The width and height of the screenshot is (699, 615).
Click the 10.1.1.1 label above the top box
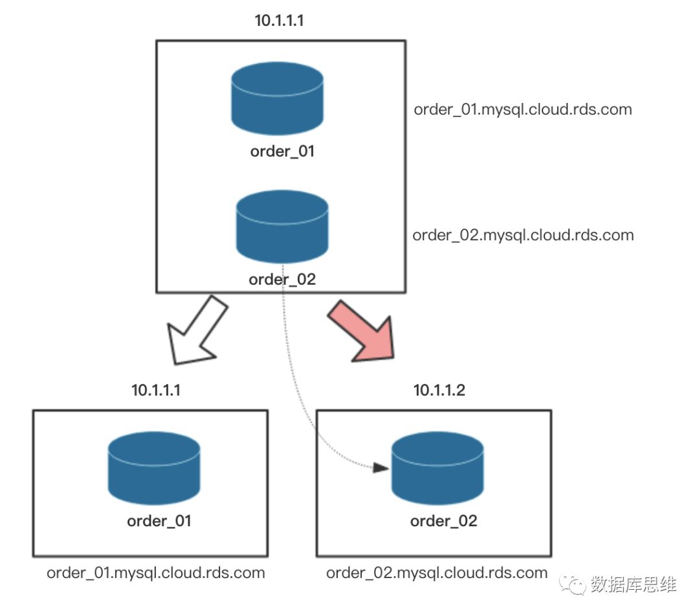280,20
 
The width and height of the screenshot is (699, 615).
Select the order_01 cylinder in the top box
277,98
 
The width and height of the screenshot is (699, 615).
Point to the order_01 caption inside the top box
282,152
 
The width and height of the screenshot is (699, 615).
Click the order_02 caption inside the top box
282,280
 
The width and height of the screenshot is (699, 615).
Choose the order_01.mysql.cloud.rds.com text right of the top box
523,109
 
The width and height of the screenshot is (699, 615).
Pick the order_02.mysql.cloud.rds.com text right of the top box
523,235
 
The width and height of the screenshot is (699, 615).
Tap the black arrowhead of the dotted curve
381,467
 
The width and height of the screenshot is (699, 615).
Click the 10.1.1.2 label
439,390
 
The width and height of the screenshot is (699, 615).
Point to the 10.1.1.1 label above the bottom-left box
157,390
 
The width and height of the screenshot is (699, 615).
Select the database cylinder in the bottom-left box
153,467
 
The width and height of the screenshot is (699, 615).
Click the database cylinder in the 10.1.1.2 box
438,467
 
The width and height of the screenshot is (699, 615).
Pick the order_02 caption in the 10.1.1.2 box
443,521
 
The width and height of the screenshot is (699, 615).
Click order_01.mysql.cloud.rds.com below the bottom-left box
156,573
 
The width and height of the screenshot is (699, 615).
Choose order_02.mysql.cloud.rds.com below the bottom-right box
437,573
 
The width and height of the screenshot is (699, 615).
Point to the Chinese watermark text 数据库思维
634,585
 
